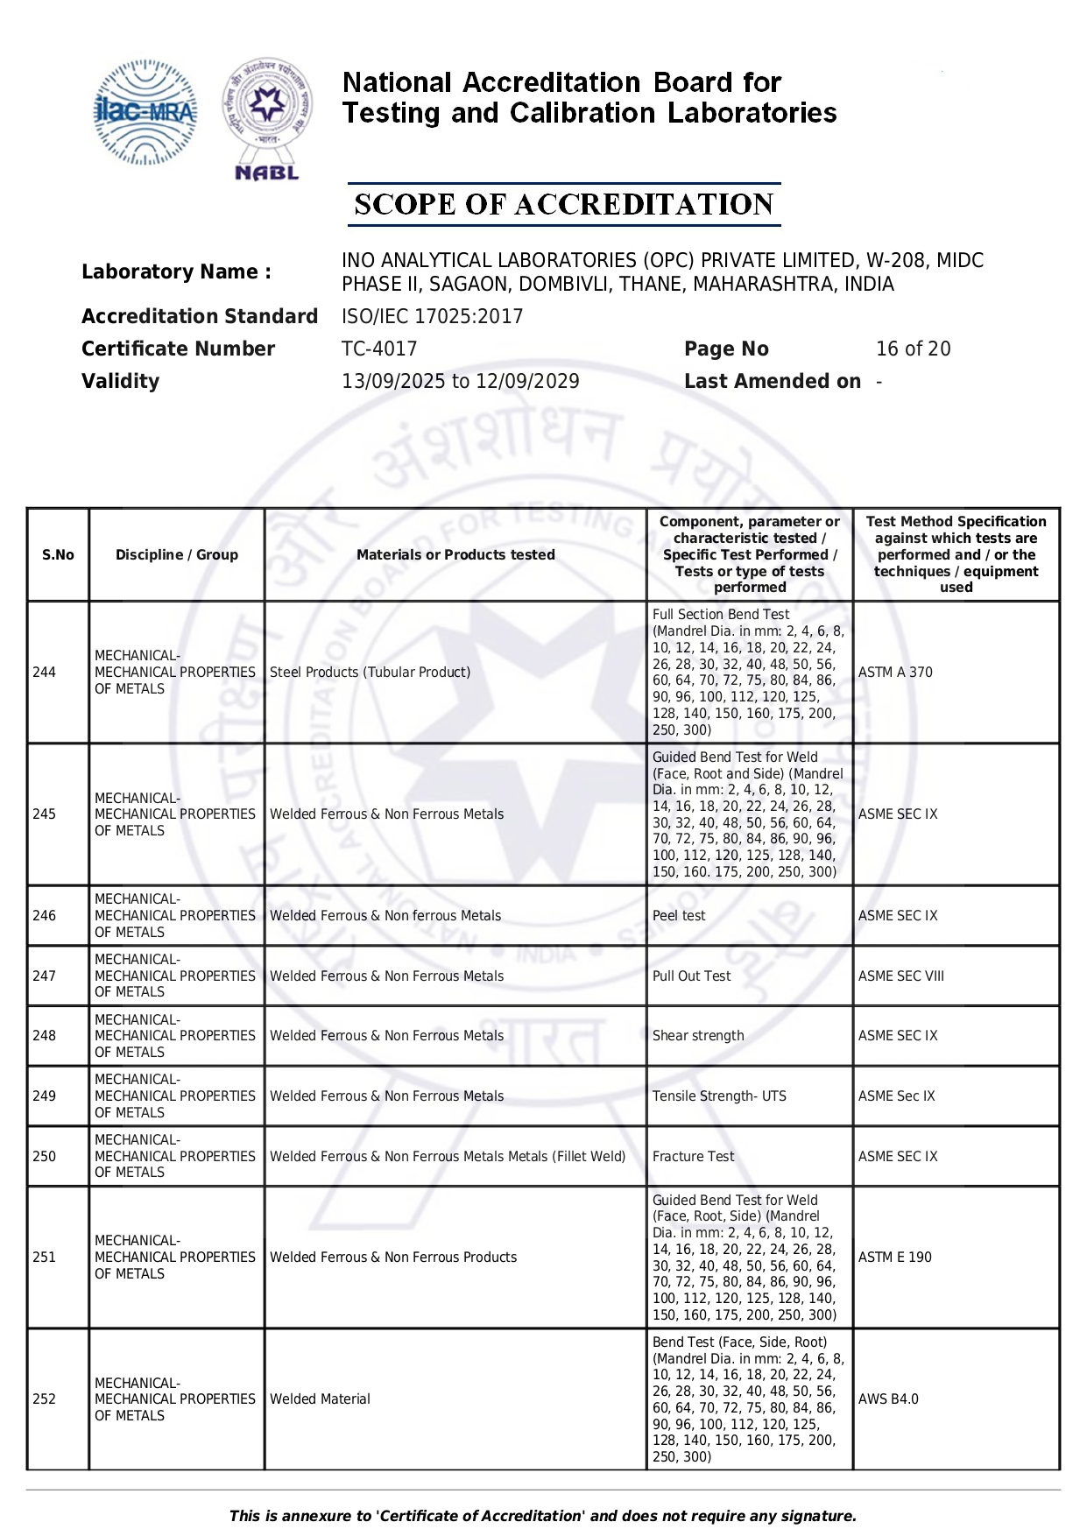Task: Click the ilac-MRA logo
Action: (145, 112)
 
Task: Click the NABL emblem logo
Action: (267, 117)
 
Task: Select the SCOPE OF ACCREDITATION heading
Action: (563, 205)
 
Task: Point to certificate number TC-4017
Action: (379, 349)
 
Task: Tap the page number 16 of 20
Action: (913, 349)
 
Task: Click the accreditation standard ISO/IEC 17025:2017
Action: (432, 317)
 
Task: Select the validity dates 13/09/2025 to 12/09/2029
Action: (460, 382)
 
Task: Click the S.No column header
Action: (58, 555)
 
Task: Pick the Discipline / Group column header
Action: (177, 555)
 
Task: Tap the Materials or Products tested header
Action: (455, 555)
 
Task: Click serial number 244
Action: (44, 673)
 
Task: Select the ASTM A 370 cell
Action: (895, 673)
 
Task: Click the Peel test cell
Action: (679, 916)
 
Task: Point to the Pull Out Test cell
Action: (691, 976)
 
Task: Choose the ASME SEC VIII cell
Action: (901, 976)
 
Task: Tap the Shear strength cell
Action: (698, 1036)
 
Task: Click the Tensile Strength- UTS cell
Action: (719, 1096)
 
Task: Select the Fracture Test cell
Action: (693, 1157)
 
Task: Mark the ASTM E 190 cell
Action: (895, 1258)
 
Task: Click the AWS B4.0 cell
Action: (888, 1399)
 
